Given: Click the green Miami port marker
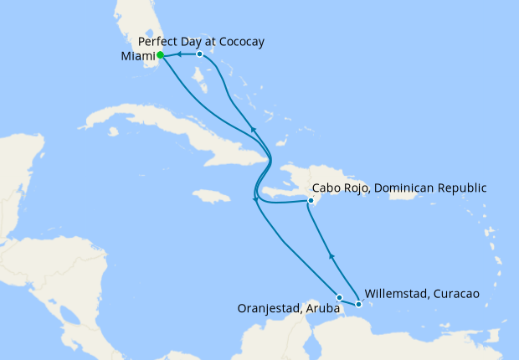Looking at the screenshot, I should pos(160,56).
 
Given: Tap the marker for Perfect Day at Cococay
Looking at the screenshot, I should pos(198,54).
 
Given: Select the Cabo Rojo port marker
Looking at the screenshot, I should pos(310,201).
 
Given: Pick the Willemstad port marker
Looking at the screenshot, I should pos(358,304).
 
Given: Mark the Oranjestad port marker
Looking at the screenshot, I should pos(339,297).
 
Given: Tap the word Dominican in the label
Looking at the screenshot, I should pos(400,188).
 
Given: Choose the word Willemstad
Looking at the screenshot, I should pos(394,294).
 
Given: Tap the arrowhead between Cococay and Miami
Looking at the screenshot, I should pos(179,54).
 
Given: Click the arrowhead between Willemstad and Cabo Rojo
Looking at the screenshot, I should pos(331,256).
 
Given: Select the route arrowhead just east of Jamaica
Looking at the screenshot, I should pos(254,199).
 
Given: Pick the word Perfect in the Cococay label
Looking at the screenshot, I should pos(157,41).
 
